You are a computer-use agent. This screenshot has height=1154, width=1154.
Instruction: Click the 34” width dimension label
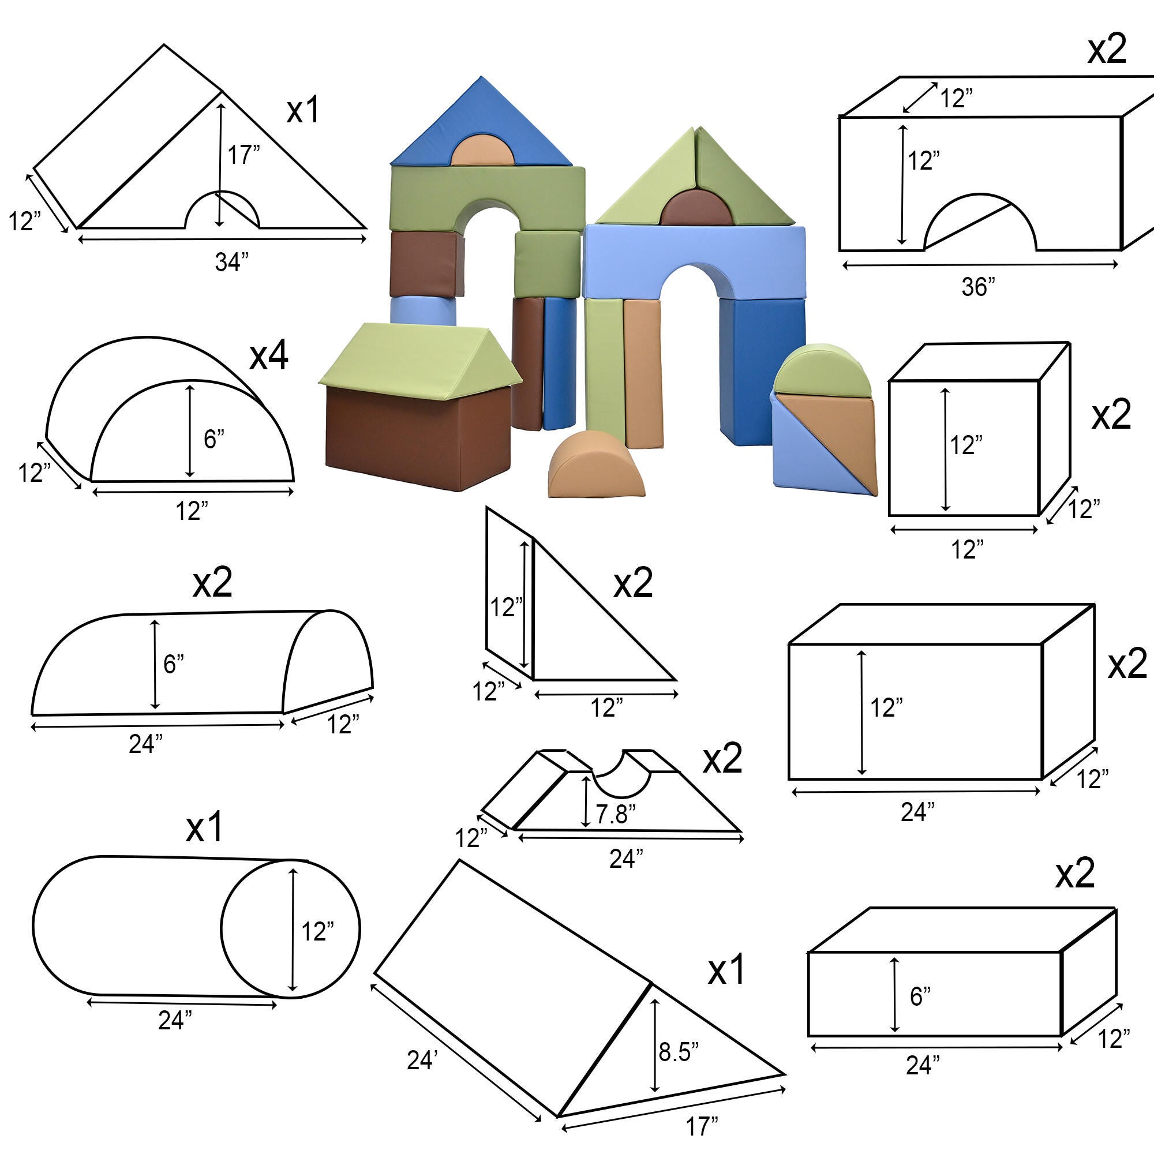pos(232,261)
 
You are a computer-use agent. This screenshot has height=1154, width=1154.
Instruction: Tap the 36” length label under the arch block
pos(979,287)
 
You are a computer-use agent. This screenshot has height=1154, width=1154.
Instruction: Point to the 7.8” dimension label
pos(616,815)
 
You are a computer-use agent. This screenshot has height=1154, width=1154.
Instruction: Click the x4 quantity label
pos(269,356)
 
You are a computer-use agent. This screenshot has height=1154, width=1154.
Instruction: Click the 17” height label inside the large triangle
pos(243,155)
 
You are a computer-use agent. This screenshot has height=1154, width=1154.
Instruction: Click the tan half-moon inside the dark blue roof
pos(482,150)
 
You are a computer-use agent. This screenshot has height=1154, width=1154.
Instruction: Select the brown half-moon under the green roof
pos(695,209)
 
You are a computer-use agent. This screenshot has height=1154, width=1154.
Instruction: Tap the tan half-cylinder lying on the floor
pos(597,464)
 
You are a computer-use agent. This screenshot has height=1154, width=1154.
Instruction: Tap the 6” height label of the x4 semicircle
pos(214,439)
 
